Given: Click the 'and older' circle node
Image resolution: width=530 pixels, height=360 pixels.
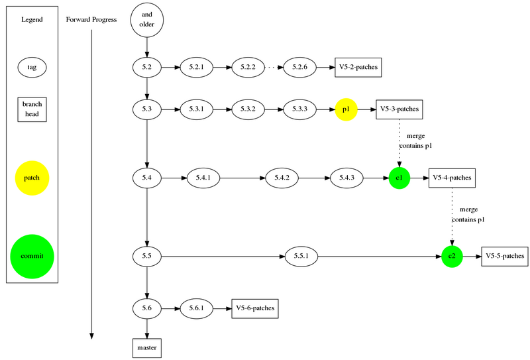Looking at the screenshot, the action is [146, 20].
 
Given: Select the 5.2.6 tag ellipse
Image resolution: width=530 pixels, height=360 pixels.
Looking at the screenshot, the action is [299, 67].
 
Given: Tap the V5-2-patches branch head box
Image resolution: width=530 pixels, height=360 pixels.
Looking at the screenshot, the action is [358, 68].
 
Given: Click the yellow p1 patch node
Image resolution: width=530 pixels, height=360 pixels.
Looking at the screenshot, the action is [346, 109].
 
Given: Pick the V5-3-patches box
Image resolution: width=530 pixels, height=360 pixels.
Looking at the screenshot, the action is [399, 109].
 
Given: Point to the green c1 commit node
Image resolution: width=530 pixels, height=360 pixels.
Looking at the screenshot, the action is [399, 178].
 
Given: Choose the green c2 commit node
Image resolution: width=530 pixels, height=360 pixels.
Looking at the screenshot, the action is [452, 256].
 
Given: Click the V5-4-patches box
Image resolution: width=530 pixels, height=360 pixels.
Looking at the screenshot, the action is [452, 178].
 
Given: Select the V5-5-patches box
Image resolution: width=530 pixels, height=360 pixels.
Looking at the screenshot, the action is [505, 256].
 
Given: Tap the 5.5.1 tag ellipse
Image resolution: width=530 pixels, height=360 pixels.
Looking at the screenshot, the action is [301, 256].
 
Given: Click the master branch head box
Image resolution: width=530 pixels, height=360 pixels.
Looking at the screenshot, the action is [146, 348].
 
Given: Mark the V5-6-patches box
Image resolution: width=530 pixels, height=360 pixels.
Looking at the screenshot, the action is [255, 308].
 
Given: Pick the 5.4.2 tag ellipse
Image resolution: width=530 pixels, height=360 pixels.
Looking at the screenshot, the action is [282, 178].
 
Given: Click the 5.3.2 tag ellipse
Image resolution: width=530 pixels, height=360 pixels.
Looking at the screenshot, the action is [248, 109].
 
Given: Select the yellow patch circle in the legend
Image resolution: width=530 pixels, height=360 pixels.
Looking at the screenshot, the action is [32, 178].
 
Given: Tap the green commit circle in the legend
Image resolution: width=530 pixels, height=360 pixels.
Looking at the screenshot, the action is [32, 256].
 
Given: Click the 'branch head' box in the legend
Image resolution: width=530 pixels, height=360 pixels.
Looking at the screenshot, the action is [32, 109].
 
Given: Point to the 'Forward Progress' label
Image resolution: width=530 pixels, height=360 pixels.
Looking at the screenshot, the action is [91, 20].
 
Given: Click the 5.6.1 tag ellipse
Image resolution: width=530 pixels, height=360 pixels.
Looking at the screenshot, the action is [196, 308].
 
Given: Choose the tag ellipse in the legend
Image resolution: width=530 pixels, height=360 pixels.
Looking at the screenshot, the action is [32, 68].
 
